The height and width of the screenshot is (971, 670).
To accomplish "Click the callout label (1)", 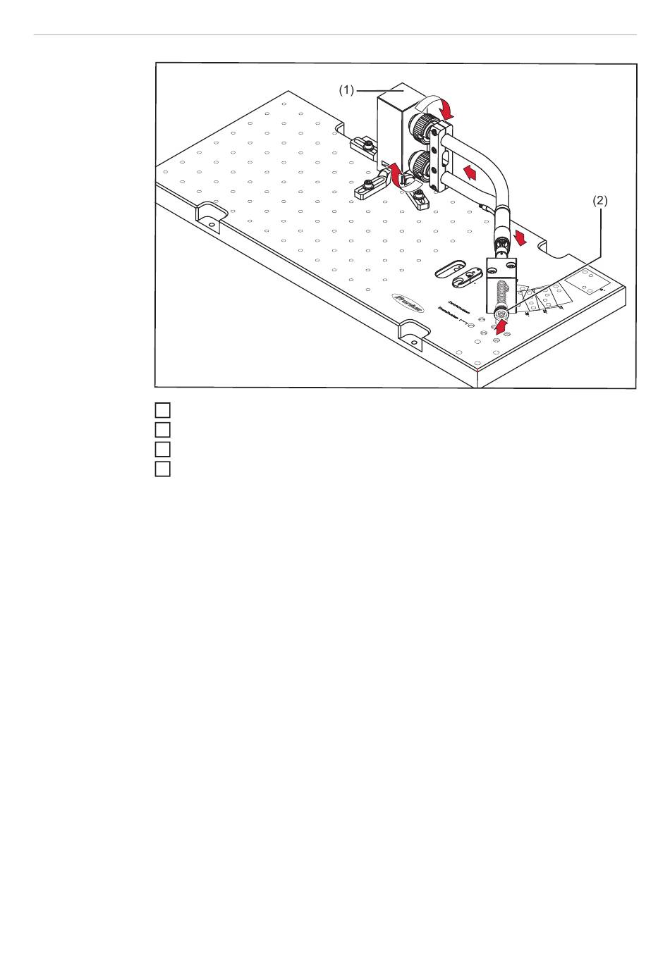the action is pos(346,90).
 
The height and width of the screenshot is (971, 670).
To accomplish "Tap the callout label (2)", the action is pos(599,201).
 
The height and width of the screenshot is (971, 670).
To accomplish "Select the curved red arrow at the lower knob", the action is pos(396,173).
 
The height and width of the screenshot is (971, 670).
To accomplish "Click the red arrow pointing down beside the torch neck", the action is pos(521,237).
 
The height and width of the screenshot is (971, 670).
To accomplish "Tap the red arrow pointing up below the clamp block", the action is pos(500,326).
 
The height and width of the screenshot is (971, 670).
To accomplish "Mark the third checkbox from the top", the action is pos(163,449).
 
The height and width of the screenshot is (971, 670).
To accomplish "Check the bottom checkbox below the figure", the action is pos(163,469).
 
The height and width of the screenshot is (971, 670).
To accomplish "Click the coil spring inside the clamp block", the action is pos(501,292).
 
